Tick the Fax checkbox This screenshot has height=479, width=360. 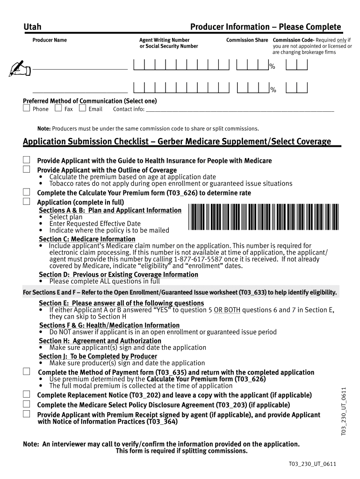(58, 109)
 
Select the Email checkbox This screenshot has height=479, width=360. (82, 109)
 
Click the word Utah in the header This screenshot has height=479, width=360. (32, 28)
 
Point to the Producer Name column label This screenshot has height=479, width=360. (50, 40)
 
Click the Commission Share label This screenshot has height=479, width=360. (247, 40)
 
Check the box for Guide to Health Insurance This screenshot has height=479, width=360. (27, 160)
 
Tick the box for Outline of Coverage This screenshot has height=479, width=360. (27, 169)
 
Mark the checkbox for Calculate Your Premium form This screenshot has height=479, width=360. (27, 192)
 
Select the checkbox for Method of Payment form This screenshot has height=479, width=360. (27, 371)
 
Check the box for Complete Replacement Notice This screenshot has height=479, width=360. (27, 395)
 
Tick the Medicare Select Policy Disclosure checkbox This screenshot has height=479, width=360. (27, 404)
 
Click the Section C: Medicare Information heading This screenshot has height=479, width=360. (87, 239)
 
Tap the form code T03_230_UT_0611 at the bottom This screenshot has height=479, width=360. (313, 464)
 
